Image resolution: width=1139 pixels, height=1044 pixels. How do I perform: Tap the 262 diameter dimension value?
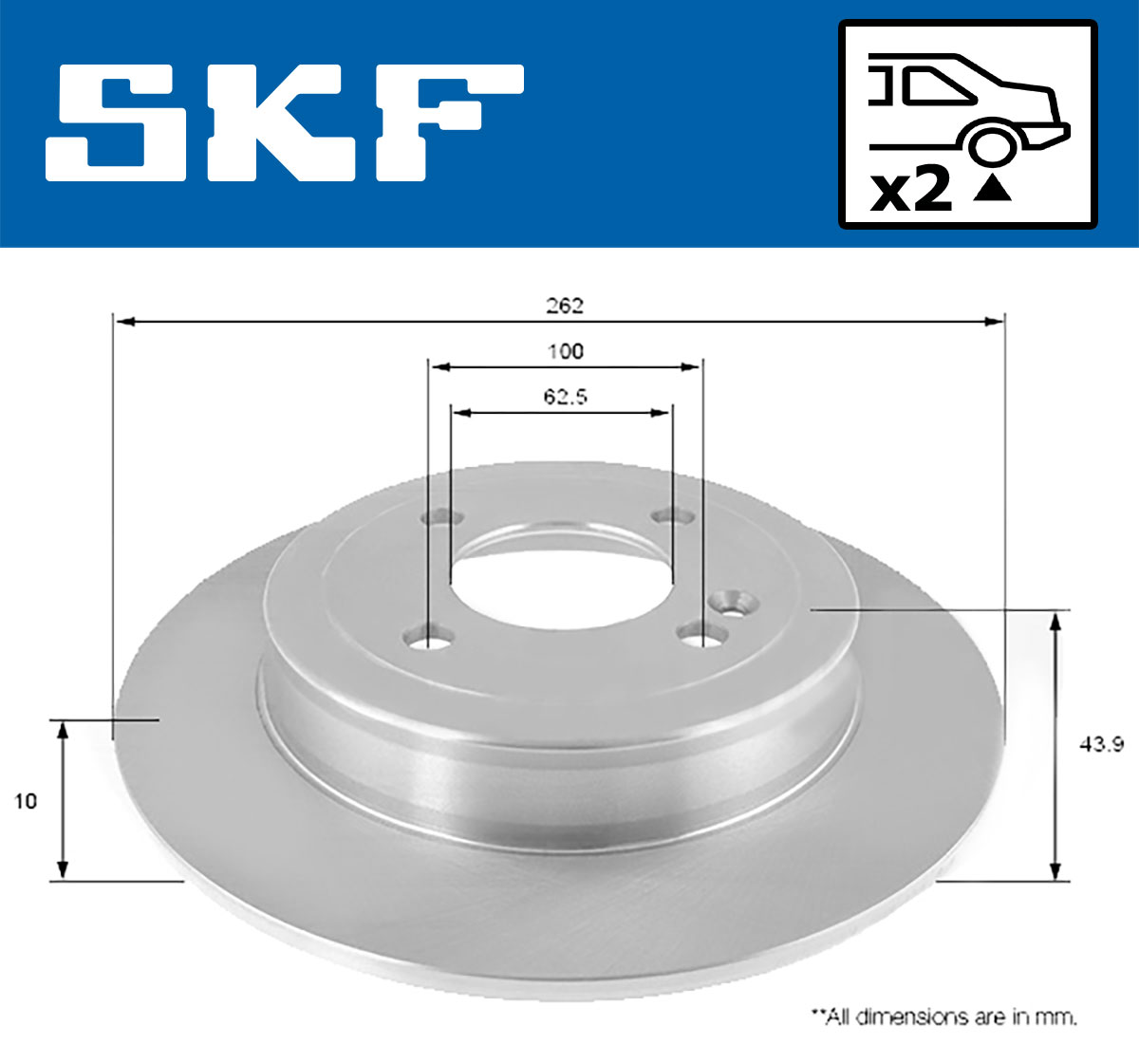pos(564,306)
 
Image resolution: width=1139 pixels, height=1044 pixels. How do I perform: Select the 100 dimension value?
pos(565,351)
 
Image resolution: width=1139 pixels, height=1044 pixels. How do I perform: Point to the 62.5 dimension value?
pos(565,397)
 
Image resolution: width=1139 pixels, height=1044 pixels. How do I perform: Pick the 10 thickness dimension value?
pos(26,801)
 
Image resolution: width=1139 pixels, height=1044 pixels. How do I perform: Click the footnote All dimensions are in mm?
pos(943,1017)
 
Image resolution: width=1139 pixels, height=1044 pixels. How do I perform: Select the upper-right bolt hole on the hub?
pos(677,516)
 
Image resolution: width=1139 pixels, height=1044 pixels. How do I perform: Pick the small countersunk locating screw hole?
pos(737,603)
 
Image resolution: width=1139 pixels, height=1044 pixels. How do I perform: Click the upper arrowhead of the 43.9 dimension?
pos(1054,623)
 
